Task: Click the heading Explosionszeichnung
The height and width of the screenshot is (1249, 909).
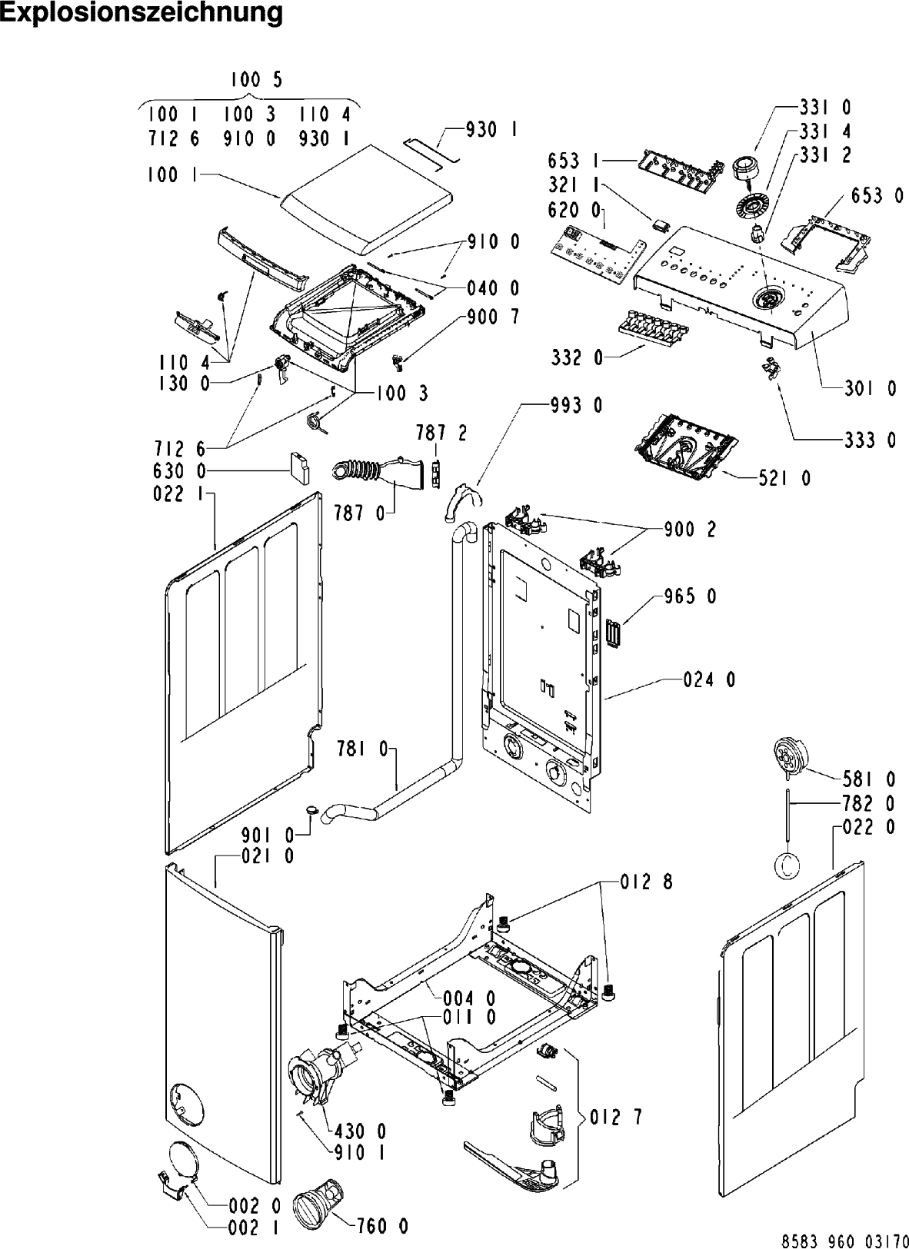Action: point(142,13)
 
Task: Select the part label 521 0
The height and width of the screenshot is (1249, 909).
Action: point(784,479)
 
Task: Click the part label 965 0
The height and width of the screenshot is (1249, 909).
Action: point(689,596)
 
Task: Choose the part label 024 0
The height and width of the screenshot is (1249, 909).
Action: point(709,679)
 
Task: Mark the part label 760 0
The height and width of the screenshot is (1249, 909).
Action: point(382,1226)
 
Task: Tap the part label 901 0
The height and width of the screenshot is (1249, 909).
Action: point(268,833)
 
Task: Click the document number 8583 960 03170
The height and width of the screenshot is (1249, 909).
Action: point(844,1241)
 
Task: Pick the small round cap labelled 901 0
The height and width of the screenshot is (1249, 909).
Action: point(311,809)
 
